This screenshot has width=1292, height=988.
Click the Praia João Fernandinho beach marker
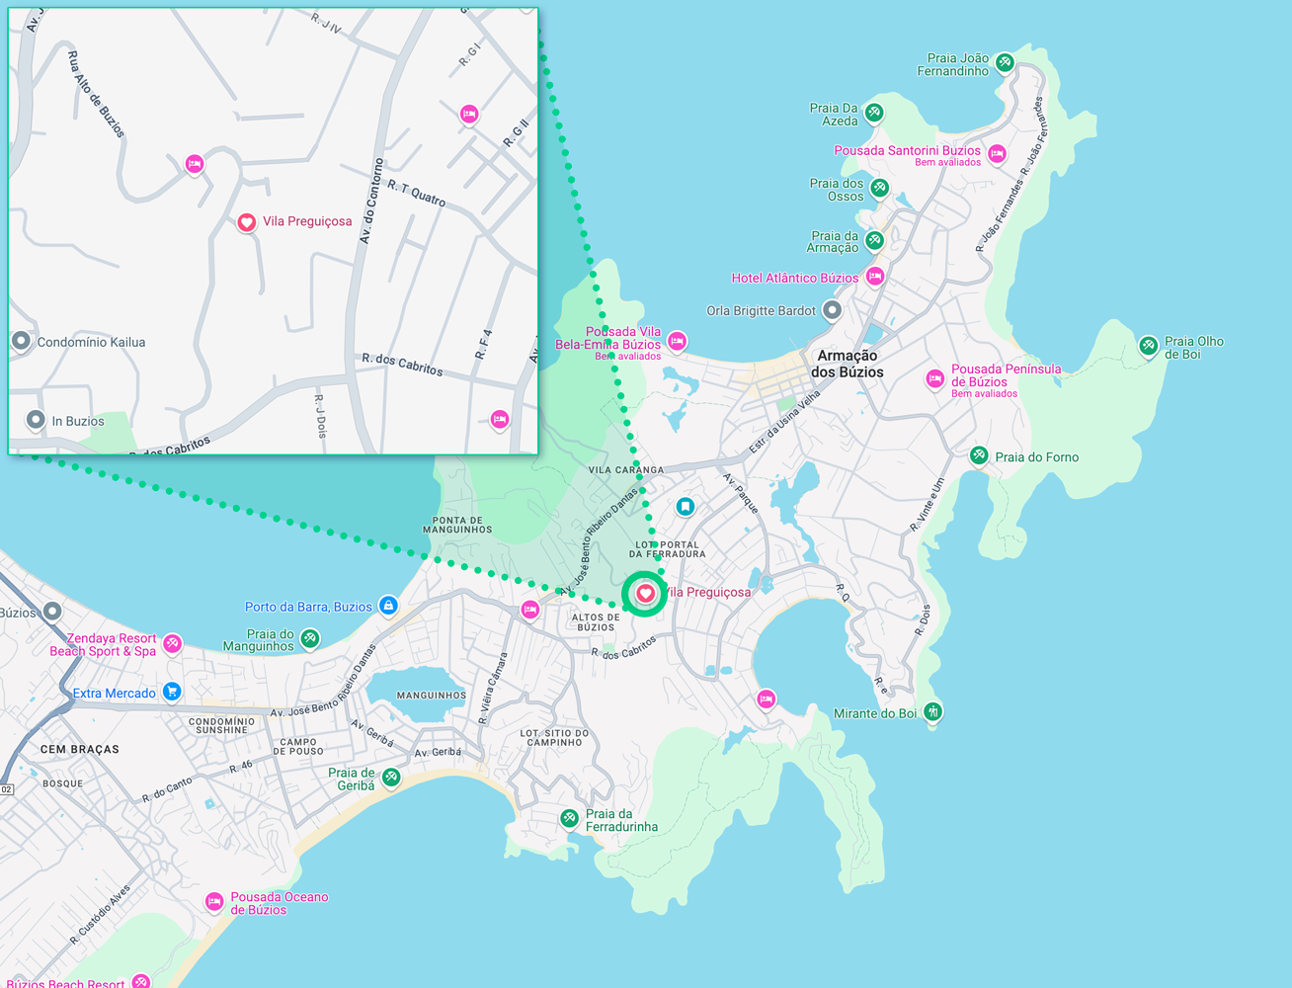(1005, 63)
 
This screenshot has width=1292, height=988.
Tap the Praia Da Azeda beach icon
(874, 113)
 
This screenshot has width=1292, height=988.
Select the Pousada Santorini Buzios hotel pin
(998, 153)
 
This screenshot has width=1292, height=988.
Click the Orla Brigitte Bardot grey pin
(833, 310)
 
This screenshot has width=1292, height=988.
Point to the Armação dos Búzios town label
(847, 364)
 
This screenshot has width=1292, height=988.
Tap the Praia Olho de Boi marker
(1148, 346)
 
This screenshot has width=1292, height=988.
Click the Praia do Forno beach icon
(979, 455)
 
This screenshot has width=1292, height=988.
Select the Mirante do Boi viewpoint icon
(932, 711)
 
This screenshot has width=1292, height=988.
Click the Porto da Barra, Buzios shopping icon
(389, 605)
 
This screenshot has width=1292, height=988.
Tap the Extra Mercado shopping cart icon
(172, 692)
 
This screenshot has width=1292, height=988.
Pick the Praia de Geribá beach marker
(391, 778)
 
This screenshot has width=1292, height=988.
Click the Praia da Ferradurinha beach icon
(569, 818)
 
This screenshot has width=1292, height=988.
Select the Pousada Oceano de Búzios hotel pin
(213, 901)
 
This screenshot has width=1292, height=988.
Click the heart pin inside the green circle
(645, 593)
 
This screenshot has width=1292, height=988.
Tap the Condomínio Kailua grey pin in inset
(21, 341)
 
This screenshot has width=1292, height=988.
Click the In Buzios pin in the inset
(36, 420)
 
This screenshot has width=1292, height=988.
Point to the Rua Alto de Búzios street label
(96, 95)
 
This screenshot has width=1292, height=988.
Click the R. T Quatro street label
(416, 193)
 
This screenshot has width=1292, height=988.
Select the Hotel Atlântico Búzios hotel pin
(875, 277)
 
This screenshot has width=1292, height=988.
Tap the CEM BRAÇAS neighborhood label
(79, 750)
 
